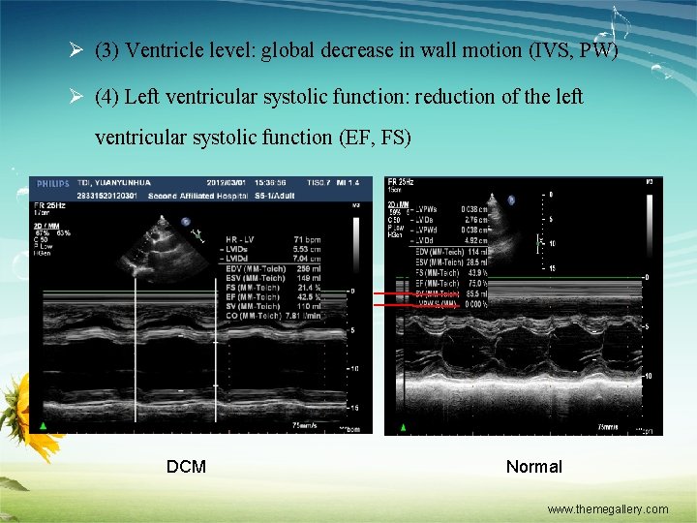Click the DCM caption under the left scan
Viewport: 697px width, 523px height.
click(186, 467)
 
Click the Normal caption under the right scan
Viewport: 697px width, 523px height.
click(533, 467)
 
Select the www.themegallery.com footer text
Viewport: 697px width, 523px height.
click(607, 508)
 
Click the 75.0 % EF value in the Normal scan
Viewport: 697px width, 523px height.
click(475, 284)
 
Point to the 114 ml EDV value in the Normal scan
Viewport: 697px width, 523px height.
click(475, 252)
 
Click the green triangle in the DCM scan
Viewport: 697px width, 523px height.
click(43, 427)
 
